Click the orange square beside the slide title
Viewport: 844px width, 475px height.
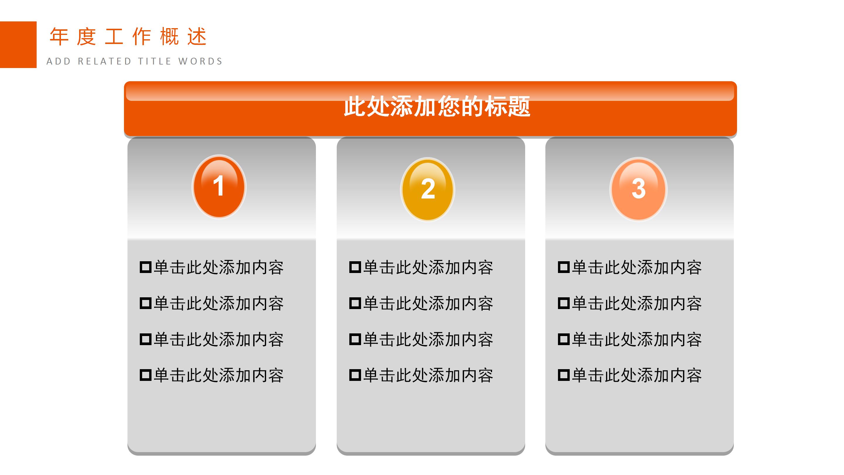(x=18, y=45)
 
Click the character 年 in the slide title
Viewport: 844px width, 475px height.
(x=59, y=36)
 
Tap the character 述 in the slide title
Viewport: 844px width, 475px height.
(x=197, y=36)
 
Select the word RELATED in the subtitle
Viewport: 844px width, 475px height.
(x=104, y=61)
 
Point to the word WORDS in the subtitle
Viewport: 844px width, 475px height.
(x=200, y=61)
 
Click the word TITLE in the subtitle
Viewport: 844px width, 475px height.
(x=155, y=61)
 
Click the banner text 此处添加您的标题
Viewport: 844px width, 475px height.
(x=437, y=106)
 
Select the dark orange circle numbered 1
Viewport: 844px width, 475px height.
(x=219, y=186)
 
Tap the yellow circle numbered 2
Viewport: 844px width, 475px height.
(x=428, y=189)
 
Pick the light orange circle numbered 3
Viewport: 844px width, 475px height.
(x=638, y=189)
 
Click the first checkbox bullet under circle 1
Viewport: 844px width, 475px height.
(x=145, y=267)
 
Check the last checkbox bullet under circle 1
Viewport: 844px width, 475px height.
(x=145, y=375)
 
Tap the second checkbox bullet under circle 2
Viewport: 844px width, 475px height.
(x=355, y=303)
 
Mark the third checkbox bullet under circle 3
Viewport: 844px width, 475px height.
(x=564, y=339)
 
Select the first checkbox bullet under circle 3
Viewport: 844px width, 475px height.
(x=564, y=267)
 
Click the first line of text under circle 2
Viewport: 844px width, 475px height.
(x=428, y=267)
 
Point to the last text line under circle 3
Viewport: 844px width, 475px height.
(x=637, y=375)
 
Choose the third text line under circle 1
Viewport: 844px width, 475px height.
(x=219, y=340)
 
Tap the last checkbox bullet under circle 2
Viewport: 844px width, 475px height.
(x=355, y=375)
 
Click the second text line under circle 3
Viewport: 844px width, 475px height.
(x=637, y=303)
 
